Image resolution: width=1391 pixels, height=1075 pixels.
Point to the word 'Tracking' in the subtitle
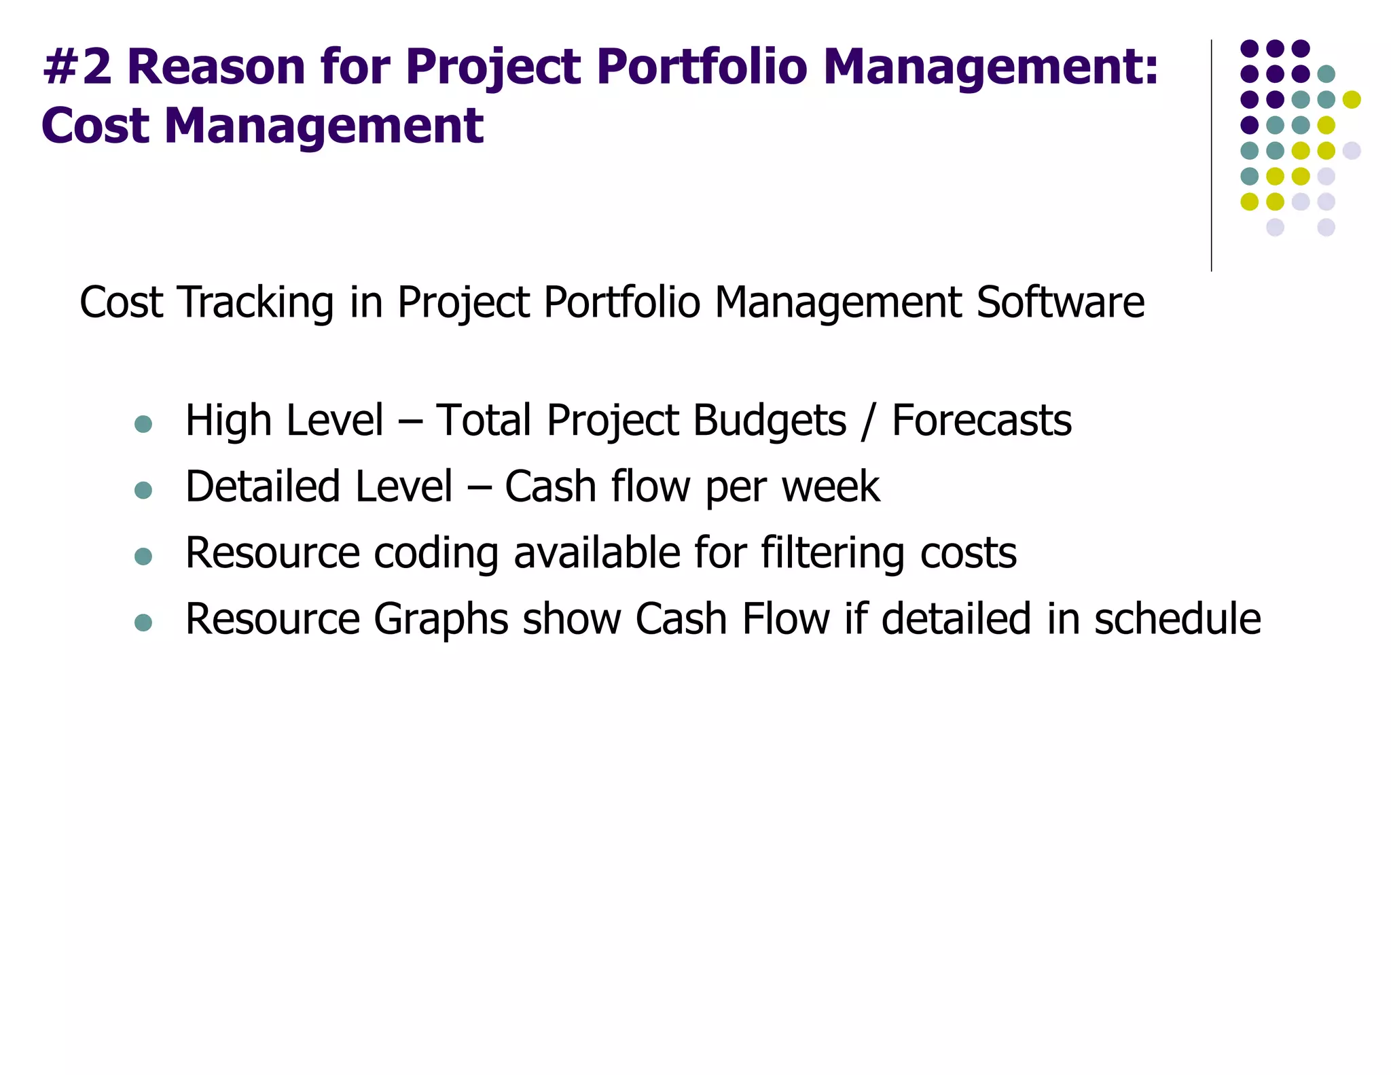(255, 302)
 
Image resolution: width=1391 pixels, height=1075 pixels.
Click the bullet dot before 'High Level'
(143, 425)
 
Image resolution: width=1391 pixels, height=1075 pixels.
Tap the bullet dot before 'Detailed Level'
(143, 490)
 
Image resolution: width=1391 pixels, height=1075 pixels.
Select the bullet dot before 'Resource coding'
(143, 557)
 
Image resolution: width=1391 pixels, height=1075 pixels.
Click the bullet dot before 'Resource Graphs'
(143, 622)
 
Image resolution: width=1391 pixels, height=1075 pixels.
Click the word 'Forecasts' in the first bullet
(981, 421)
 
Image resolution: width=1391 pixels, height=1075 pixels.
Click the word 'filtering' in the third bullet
(832, 553)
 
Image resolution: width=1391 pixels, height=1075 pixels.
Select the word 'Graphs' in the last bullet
(441, 619)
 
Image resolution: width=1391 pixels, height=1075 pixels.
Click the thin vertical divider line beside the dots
(1211, 156)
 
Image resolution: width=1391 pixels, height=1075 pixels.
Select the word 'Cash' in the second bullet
(550, 487)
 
